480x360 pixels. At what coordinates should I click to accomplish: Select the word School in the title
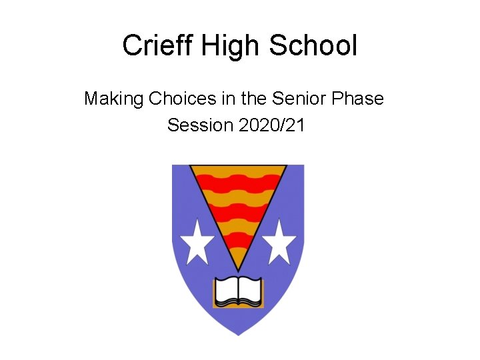[x=314, y=45]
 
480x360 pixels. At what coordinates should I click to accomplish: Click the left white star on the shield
[x=198, y=241]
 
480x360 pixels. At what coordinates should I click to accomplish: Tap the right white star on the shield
[x=279, y=241]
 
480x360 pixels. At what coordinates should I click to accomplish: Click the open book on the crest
[x=239, y=292]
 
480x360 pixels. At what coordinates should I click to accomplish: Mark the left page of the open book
[x=227, y=291]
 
